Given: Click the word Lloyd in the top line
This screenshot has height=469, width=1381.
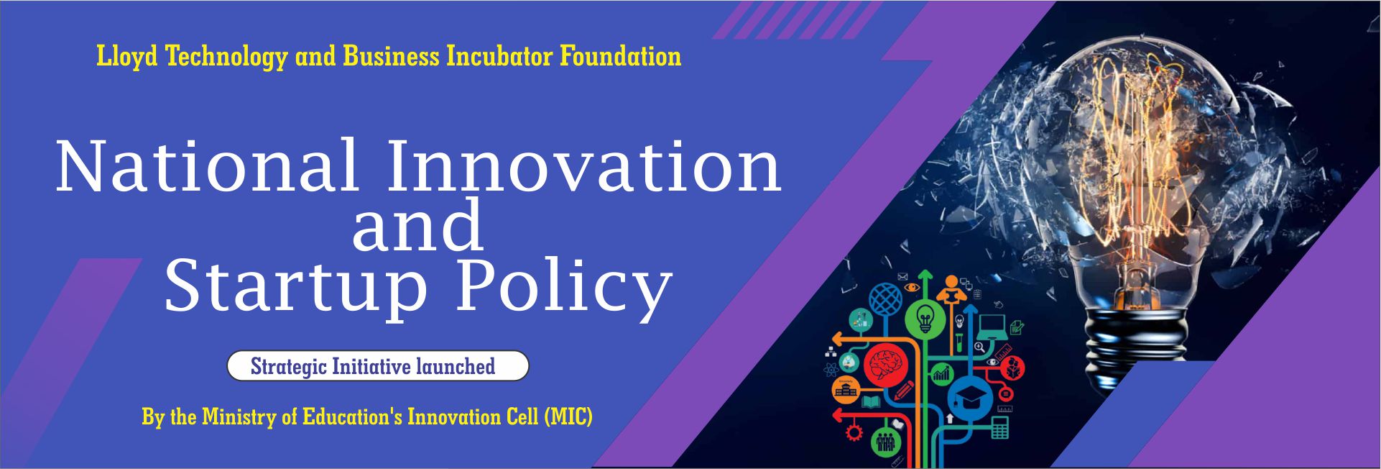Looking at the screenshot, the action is tap(126, 57).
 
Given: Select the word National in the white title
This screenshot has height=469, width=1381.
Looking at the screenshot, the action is tap(207, 166).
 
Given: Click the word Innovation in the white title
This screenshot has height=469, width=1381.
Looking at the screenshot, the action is tap(584, 166).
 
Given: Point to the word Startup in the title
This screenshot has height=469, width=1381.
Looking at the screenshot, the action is tap(296, 288).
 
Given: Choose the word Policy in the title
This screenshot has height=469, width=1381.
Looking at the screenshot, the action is tap(564, 288).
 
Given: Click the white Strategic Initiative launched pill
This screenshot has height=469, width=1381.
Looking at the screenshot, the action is tap(378, 366).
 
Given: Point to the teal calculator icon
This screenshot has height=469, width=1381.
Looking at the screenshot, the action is tap(999, 427).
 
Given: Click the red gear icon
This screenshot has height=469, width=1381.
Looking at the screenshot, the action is tap(854, 433).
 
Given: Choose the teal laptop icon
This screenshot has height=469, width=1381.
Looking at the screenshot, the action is tap(993, 327).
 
